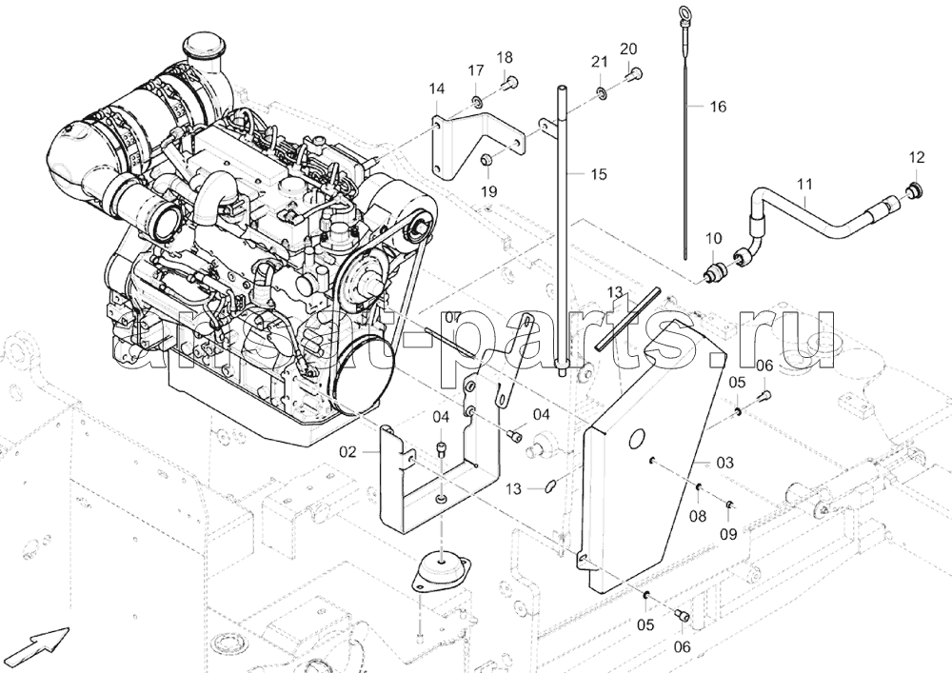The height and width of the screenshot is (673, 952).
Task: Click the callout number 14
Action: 436,89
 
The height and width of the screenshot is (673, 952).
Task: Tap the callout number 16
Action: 718,107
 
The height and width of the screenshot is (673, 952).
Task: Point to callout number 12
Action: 915,157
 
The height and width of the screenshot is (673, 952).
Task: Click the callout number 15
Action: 598,174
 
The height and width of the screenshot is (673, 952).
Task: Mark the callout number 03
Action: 725,464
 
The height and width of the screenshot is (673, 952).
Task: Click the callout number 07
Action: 452,316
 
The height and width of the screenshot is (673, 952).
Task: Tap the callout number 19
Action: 488,192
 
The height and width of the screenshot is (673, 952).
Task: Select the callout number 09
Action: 728,534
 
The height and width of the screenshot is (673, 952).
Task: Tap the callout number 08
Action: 698,517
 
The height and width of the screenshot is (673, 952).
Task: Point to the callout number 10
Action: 714,237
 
